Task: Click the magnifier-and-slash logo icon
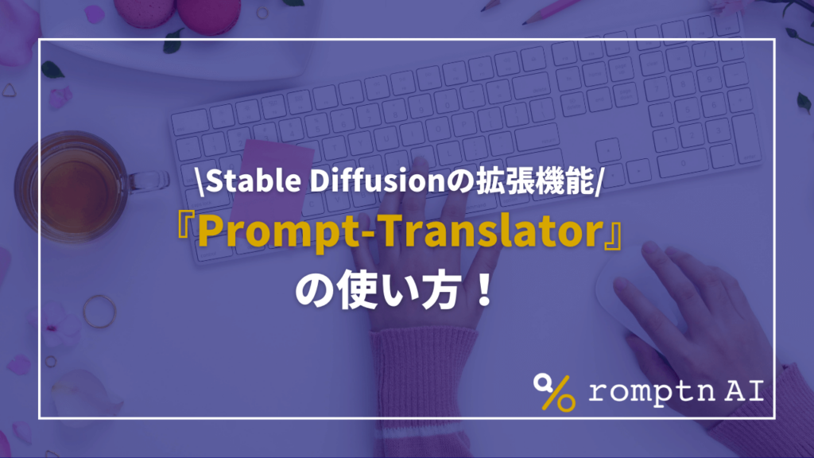pos(554,391)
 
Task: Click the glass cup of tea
pos(72,188)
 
